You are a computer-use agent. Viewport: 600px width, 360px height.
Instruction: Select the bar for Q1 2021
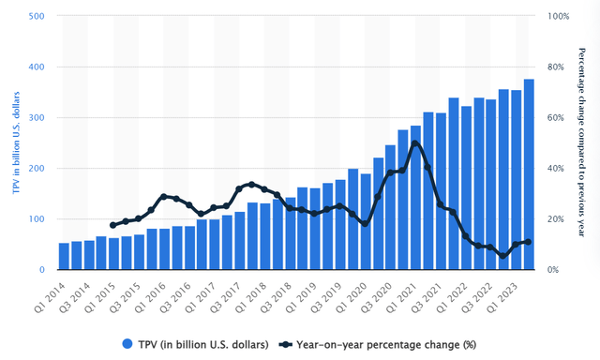point(415,197)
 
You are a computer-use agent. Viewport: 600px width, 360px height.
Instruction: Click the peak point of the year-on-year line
point(415,143)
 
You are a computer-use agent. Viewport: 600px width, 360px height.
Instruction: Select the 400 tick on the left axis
point(38,67)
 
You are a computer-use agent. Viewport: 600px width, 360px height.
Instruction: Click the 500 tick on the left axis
point(38,17)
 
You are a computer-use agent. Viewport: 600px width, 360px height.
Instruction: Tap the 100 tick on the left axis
point(38,219)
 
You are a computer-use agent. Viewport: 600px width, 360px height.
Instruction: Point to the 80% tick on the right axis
point(554,67)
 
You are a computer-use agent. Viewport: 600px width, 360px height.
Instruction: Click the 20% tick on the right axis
point(554,219)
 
